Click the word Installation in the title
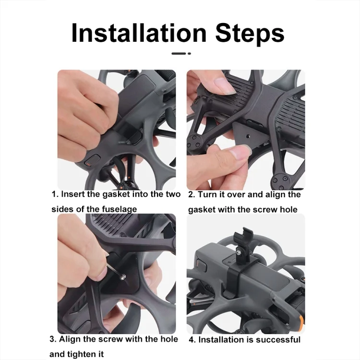click(139, 33)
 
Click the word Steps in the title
click(250, 34)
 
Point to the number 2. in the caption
click(192, 195)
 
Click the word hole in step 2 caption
click(288, 209)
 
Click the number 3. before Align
click(53, 339)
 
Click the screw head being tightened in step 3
click(123, 277)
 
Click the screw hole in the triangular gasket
click(248, 136)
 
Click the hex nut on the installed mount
click(239, 253)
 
